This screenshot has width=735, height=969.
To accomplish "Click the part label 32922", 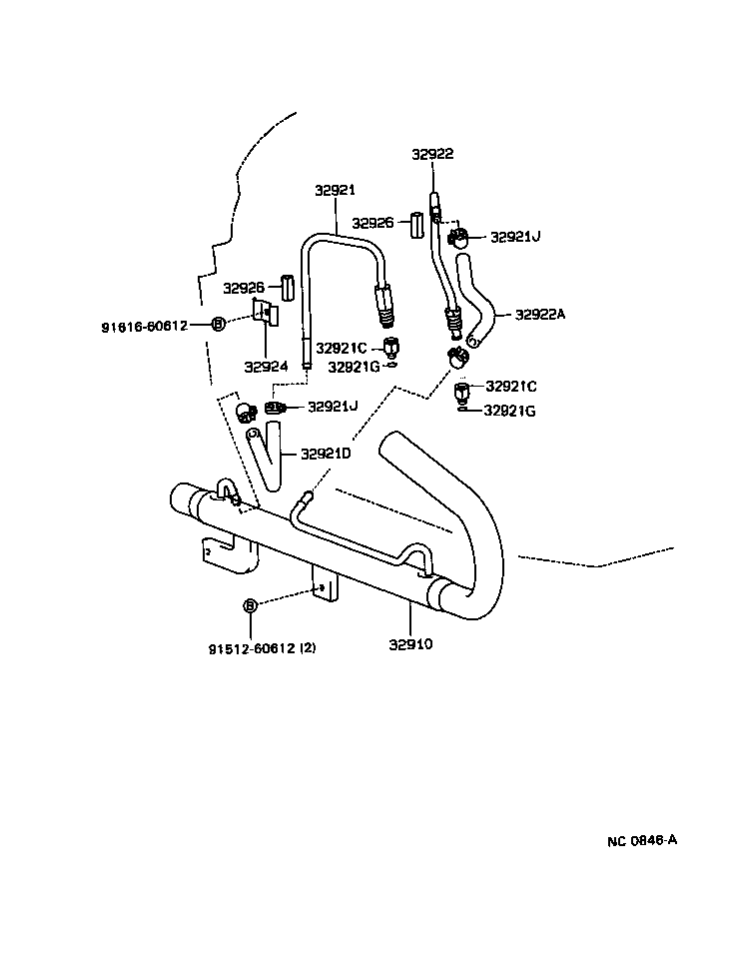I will (x=432, y=154).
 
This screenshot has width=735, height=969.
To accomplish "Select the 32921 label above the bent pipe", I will (x=336, y=190).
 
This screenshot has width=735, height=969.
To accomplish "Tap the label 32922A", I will (x=540, y=314).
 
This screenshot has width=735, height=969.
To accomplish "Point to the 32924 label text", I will (x=267, y=367).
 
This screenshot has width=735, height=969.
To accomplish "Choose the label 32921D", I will (x=328, y=454).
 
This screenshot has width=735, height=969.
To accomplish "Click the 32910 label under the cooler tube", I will (x=409, y=644).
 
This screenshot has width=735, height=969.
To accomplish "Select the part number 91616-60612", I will (x=145, y=326).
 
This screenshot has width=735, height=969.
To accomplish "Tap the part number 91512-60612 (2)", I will (x=263, y=648).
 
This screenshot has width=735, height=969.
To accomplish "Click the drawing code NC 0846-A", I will (x=642, y=840).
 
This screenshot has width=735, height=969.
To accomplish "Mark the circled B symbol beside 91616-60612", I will (x=219, y=323).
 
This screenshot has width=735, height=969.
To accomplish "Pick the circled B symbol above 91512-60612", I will (x=250, y=606).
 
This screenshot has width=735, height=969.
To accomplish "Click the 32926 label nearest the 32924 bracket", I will (x=245, y=288).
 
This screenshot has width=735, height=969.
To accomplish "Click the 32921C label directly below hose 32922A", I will (x=510, y=386).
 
